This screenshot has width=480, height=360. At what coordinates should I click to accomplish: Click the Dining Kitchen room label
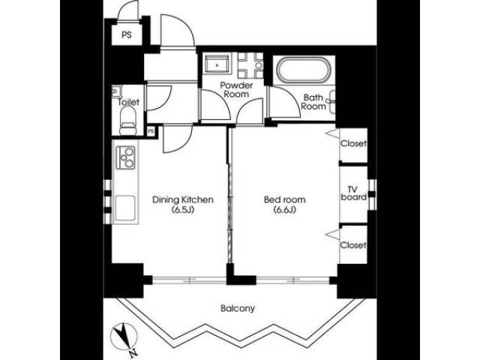click(x=184, y=199)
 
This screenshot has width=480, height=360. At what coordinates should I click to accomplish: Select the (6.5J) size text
click(x=184, y=211)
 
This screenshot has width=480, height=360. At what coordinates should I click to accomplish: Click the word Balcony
click(x=238, y=308)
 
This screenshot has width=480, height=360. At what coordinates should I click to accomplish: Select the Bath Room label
click(x=313, y=102)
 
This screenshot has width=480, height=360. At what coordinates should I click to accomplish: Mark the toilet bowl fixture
click(x=127, y=116)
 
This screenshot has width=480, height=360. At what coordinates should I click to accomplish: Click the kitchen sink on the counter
click(x=124, y=204)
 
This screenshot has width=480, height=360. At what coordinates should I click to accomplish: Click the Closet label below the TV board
click(x=353, y=245)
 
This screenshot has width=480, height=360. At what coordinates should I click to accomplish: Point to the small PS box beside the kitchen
click(x=151, y=131)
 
